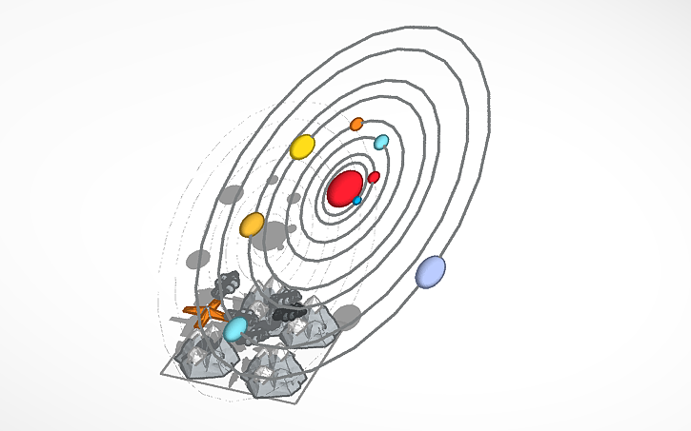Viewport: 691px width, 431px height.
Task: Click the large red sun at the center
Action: (344, 188)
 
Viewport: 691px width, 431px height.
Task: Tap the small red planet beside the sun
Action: (374, 177)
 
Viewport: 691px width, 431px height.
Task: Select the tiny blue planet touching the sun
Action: (357, 201)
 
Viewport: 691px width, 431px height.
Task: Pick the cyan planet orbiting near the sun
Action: (381, 143)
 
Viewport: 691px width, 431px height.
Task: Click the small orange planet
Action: (356, 124)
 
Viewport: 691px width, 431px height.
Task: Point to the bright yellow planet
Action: (302, 147)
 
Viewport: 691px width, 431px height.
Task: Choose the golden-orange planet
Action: (253, 225)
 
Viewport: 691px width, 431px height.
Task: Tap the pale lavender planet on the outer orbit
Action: (431, 271)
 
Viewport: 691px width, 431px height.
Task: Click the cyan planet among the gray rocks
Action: (234, 329)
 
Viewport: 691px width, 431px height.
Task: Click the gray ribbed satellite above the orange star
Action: (229, 283)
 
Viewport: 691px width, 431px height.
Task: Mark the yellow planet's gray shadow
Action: (230, 195)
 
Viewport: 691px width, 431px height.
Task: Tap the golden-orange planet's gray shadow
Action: (198, 258)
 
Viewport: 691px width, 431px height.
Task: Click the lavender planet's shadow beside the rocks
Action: (346, 317)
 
